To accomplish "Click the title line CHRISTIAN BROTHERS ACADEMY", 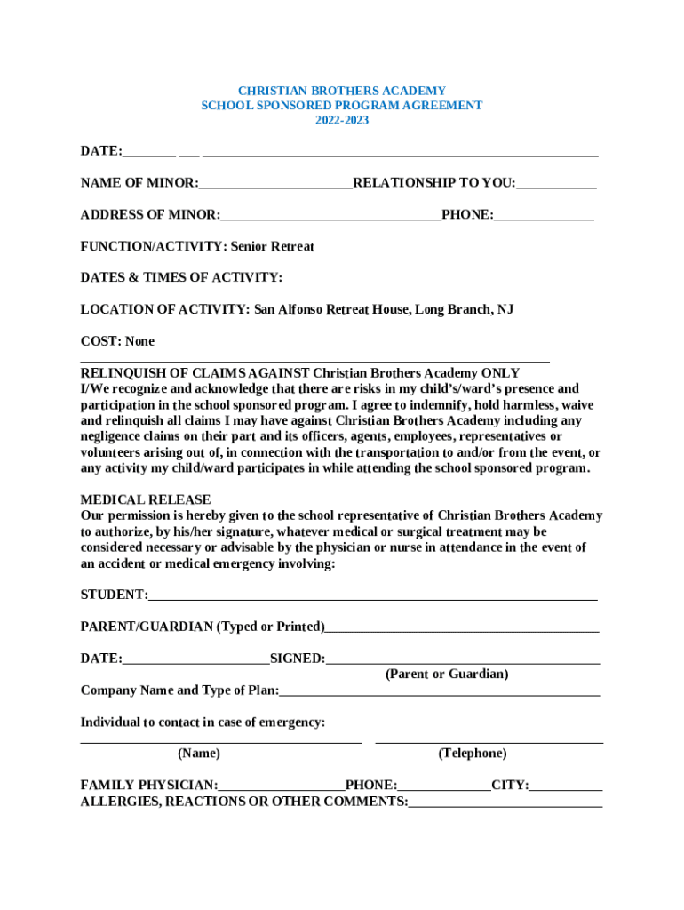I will pyautogui.click(x=342, y=91).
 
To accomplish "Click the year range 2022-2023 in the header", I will pyautogui.click(x=342, y=120).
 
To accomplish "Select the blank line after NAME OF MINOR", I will pyautogui.click(x=275, y=184).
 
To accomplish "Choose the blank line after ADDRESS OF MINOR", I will pyautogui.click(x=330, y=215).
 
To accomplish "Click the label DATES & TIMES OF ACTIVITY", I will pyautogui.click(x=181, y=277).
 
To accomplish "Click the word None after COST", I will pyautogui.click(x=139, y=341).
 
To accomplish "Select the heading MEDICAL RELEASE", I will pyautogui.click(x=146, y=499).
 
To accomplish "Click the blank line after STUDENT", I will pyautogui.click(x=373, y=595).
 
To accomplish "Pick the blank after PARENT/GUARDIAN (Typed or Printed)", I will pyautogui.click(x=462, y=627).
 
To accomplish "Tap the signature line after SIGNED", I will pyautogui.click(x=463, y=659).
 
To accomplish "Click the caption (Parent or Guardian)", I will pyautogui.click(x=447, y=675).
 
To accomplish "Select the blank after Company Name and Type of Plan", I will pyautogui.click(x=440, y=691).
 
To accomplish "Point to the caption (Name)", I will pyautogui.click(x=199, y=754).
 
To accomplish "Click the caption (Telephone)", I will pyautogui.click(x=473, y=754).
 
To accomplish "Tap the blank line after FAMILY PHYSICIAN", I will pyautogui.click(x=282, y=786).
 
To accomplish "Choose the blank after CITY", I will pyautogui.click(x=566, y=786).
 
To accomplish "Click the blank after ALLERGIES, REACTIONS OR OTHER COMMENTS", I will pyautogui.click(x=505, y=802).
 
